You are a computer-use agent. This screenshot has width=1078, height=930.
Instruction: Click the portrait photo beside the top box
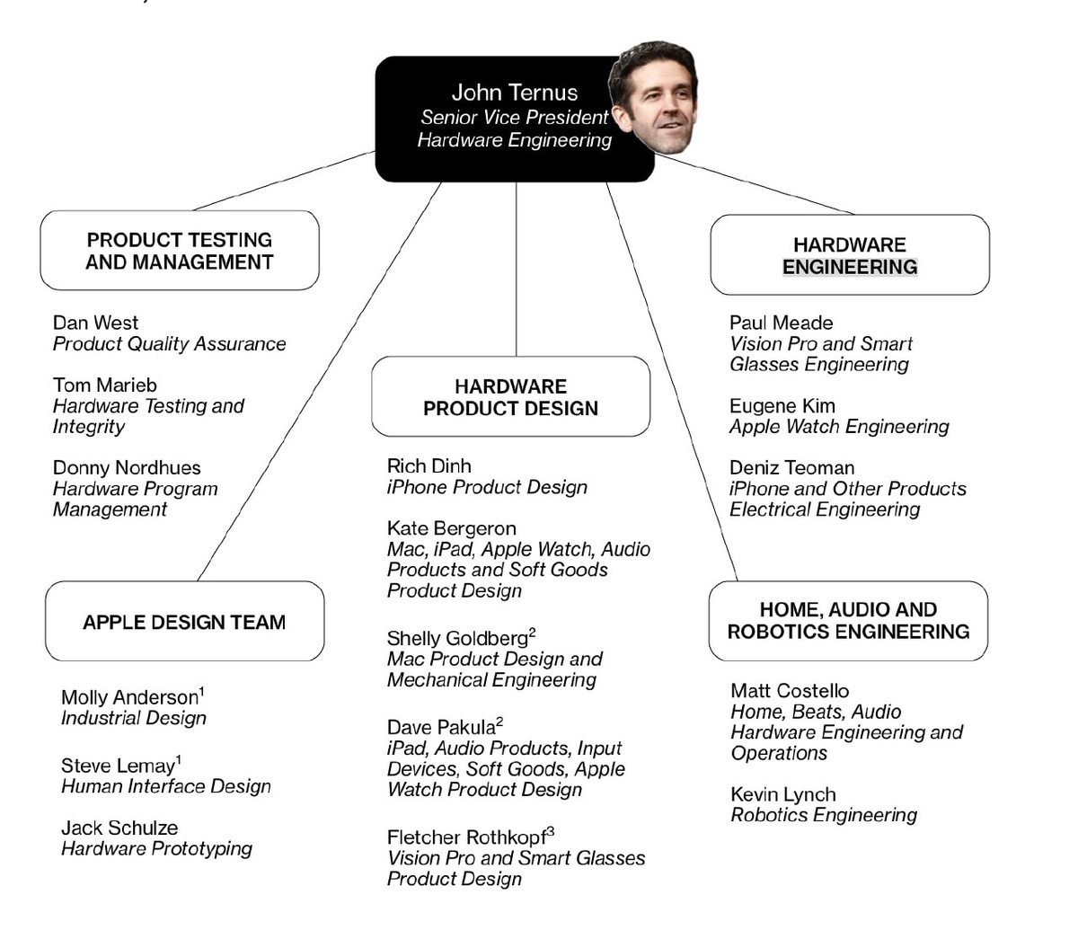click(x=653, y=96)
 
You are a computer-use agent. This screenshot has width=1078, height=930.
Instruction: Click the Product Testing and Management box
click(x=180, y=251)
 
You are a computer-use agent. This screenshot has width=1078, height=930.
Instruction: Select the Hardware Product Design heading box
click(x=510, y=397)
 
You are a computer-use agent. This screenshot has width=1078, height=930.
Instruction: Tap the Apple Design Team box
click(x=184, y=622)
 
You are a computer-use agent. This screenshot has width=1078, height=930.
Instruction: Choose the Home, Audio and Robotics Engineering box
click(x=848, y=621)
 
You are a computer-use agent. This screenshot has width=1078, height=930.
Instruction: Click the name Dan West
click(x=95, y=323)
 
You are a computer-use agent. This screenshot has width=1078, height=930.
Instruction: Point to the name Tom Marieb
click(x=104, y=385)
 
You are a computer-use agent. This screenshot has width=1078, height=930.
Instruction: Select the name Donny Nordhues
click(x=127, y=468)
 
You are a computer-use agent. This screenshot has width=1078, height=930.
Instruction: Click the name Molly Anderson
click(x=129, y=698)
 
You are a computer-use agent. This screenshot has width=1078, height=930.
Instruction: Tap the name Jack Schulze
click(x=119, y=828)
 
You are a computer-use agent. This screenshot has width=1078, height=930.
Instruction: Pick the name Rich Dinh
click(x=429, y=466)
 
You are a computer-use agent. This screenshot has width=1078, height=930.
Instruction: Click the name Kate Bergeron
click(x=451, y=528)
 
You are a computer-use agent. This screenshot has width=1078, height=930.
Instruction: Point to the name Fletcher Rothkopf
click(x=466, y=838)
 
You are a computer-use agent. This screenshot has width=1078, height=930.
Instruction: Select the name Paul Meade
click(x=781, y=323)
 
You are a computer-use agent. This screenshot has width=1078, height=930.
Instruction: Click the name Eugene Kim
click(x=782, y=406)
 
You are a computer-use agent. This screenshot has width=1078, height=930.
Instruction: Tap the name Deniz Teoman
click(x=791, y=468)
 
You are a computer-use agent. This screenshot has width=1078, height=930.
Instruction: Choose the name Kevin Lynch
click(x=782, y=795)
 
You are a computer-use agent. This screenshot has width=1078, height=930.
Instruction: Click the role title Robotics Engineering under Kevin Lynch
click(x=824, y=816)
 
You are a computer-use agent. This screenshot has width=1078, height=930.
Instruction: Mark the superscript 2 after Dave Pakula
click(x=499, y=722)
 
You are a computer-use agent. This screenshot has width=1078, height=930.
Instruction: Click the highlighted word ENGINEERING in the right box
click(x=850, y=267)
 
